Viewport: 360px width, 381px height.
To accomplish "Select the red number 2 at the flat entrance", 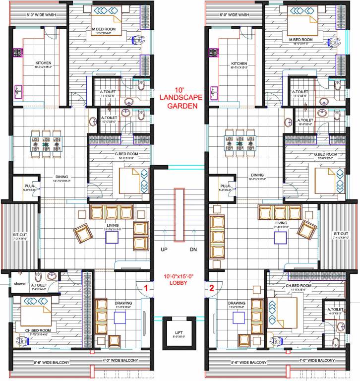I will (211, 287).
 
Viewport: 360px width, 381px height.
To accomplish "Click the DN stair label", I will (193, 250).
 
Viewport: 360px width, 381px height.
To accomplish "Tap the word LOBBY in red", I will (179, 283).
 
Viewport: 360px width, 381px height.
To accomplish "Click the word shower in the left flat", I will (19, 284).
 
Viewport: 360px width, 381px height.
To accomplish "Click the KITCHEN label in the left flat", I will (43, 63).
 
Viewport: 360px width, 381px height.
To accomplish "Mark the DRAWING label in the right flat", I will (237, 303).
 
